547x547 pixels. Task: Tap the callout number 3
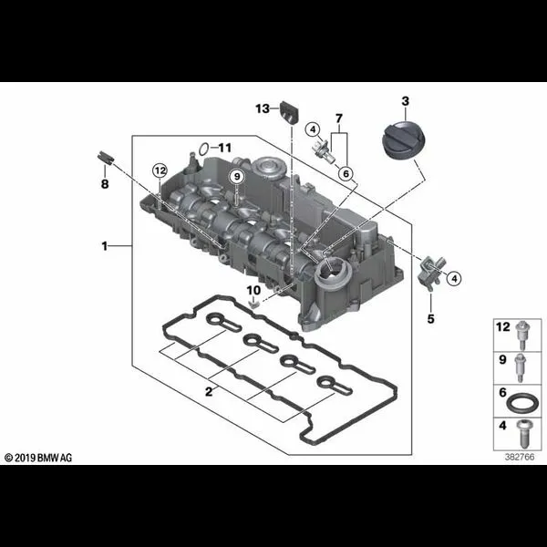pos(405,101)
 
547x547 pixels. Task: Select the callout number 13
pos(263,108)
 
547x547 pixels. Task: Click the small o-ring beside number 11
pos(203,149)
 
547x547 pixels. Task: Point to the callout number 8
pos(105,184)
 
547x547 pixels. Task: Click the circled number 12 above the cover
pos(160,171)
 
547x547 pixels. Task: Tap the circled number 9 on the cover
pos(237,177)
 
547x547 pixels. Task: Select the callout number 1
pos(104,246)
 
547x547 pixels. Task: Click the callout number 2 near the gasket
pos(209,392)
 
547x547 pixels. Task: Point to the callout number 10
pos(253,290)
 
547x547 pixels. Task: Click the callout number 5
pos(431,318)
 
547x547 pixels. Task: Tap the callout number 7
pos(339,119)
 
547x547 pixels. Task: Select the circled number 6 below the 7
pos(346,173)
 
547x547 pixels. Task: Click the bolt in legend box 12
pos(522,335)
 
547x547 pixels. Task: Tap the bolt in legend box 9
pos(521,367)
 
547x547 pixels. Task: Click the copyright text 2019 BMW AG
pos(38,458)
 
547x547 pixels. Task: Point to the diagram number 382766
pos(520,457)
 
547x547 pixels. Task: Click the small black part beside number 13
pos(289,111)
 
